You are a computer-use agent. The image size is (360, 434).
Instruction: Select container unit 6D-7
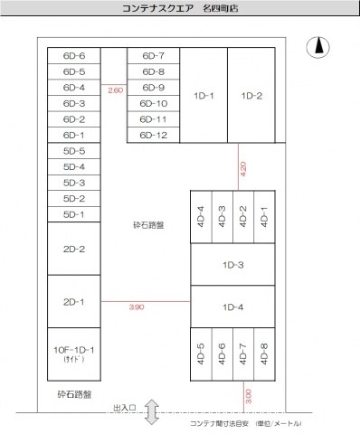point(154,56)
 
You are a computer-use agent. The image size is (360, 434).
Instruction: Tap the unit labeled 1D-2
point(251,96)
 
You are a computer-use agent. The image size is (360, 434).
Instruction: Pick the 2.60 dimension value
point(115,90)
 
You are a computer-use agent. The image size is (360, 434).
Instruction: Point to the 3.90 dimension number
point(137,307)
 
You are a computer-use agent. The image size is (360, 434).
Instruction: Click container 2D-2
point(74,250)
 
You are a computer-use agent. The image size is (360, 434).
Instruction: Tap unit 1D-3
point(232,265)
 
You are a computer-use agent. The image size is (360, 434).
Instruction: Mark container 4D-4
point(201,217)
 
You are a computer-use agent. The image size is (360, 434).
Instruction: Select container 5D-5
point(74,151)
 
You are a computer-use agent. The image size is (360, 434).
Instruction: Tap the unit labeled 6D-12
point(154,135)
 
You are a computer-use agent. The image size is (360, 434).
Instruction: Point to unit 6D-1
point(74,135)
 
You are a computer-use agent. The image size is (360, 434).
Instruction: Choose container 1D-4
point(232,307)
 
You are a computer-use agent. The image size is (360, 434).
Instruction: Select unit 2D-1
point(74,302)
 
